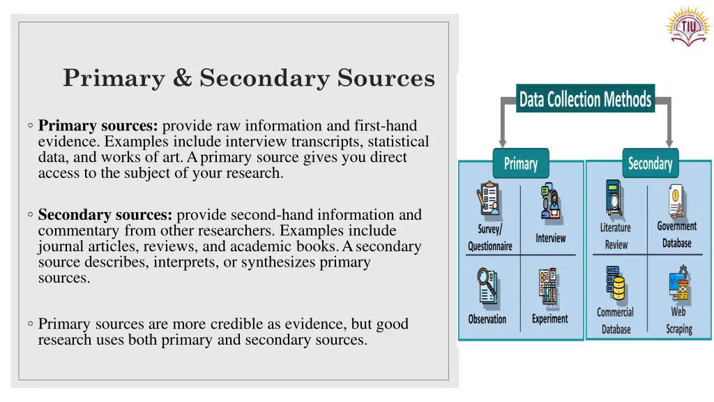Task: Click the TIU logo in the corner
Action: [x=686, y=27]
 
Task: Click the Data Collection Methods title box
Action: [x=585, y=99]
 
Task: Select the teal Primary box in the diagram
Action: [x=521, y=163]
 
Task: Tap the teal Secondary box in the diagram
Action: [x=650, y=163]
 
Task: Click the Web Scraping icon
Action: [x=678, y=283]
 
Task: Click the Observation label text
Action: [x=487, y=319]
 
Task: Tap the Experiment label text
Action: [x=550, y=318]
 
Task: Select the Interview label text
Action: [x=551, y=238]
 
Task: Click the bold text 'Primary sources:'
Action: [x=99, y=126]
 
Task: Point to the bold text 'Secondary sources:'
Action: [x=107, y=215]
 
